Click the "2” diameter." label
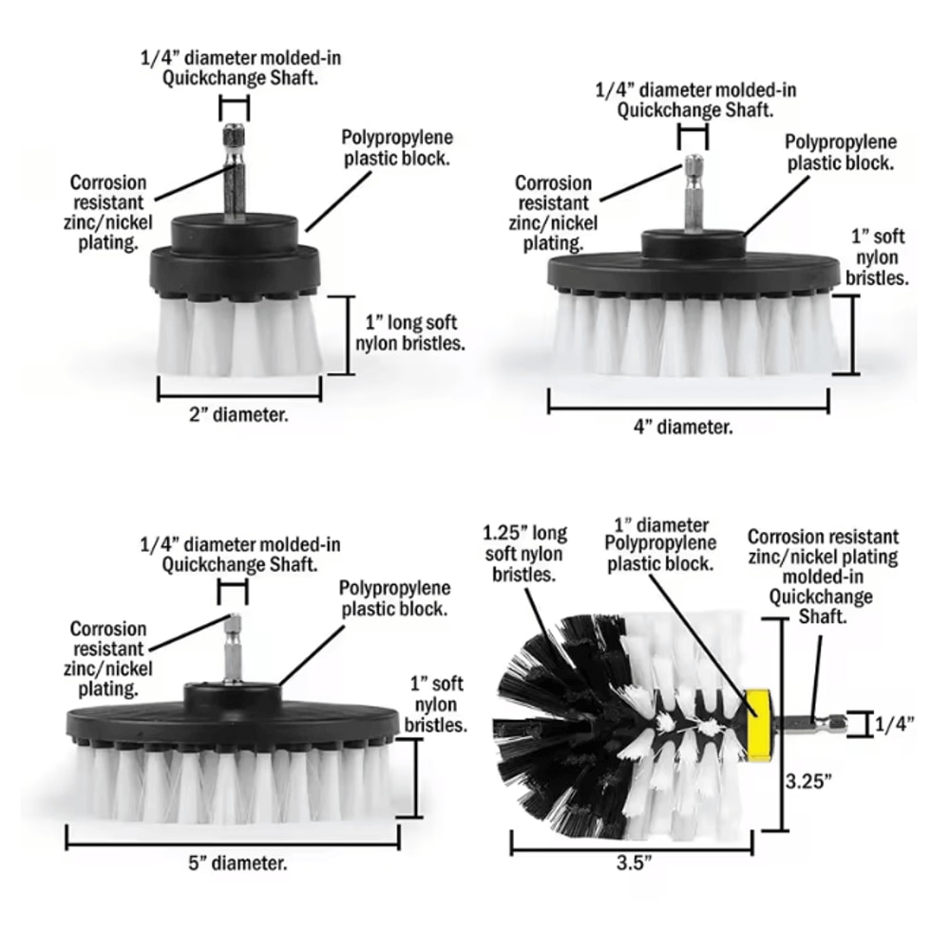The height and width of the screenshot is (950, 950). [x=238, y=415]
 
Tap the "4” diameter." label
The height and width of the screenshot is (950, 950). [x=684, y=427]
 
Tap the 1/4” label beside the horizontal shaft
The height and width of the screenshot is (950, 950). [x=894, y=724]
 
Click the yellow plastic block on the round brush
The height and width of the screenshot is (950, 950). [x=757, y=718]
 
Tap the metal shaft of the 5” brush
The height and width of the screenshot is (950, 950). [x=231, y=651]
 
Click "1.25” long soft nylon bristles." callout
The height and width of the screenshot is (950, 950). [x=524, y=554]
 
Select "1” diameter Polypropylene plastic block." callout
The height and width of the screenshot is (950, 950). [x=660, y=543]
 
